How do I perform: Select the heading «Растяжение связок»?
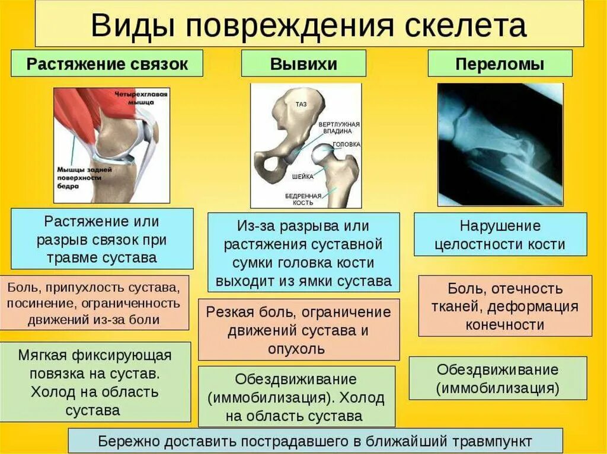pyautogui.click(x=107, y=64)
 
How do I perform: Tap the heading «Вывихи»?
pyautogui.click(x=303, y=64)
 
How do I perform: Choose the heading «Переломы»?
pyautogui.click(x=500, y=64)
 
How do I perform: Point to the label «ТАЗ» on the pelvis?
pyautogui.click(x=301, y=104)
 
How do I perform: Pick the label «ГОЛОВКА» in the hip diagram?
pyautogui.click(x=346, y=144)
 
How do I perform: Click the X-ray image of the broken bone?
pyautogui.click(x=500, y=144)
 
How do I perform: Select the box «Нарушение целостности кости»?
pyautogui.click(x=500, y=235)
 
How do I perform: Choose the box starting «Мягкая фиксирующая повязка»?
pyautogui.click(x=95, y=382)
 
